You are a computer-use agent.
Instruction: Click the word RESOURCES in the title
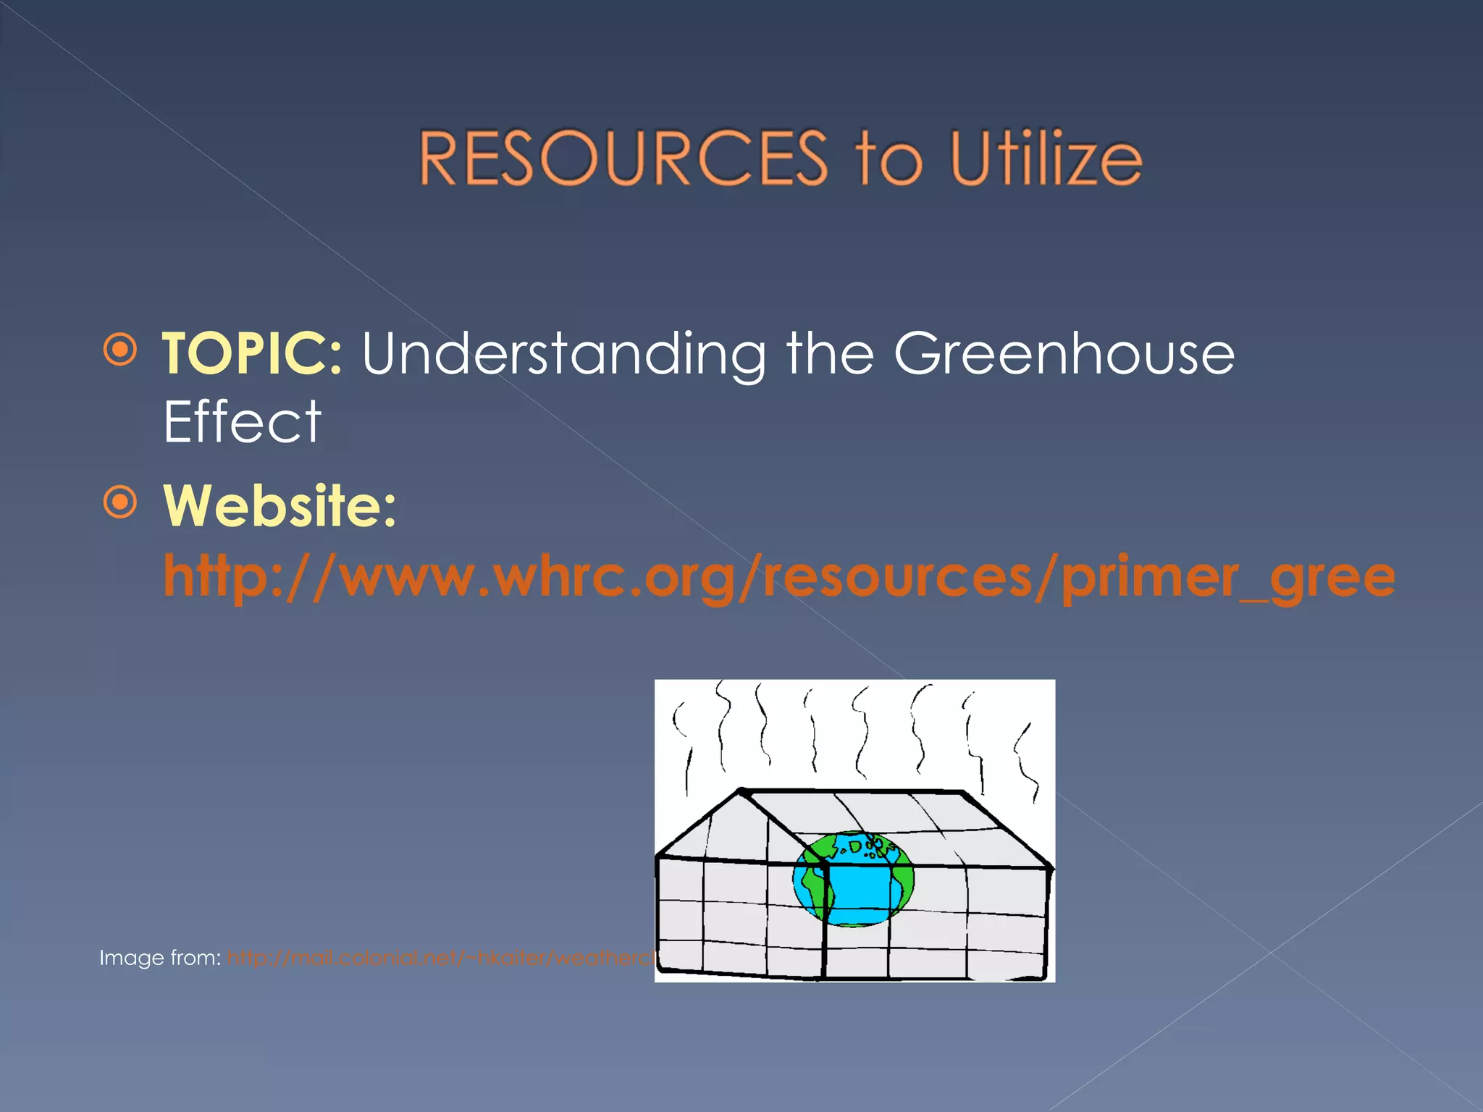pos(623,158)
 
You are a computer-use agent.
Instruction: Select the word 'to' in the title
pos(889,159)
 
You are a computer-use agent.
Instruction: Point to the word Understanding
pos(563,355)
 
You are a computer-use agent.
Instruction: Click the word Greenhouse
pos(1064,353)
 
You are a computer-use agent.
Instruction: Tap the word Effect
pos(242,422)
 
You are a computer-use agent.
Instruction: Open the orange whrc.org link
pos(778,578)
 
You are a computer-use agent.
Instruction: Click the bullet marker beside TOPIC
pos(119,350)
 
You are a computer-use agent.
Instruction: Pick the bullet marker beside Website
pos(119,502)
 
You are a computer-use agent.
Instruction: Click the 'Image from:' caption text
pos(160,958)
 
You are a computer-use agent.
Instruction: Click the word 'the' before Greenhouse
pos(830,353)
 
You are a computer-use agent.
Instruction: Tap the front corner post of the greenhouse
pos(824,919)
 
